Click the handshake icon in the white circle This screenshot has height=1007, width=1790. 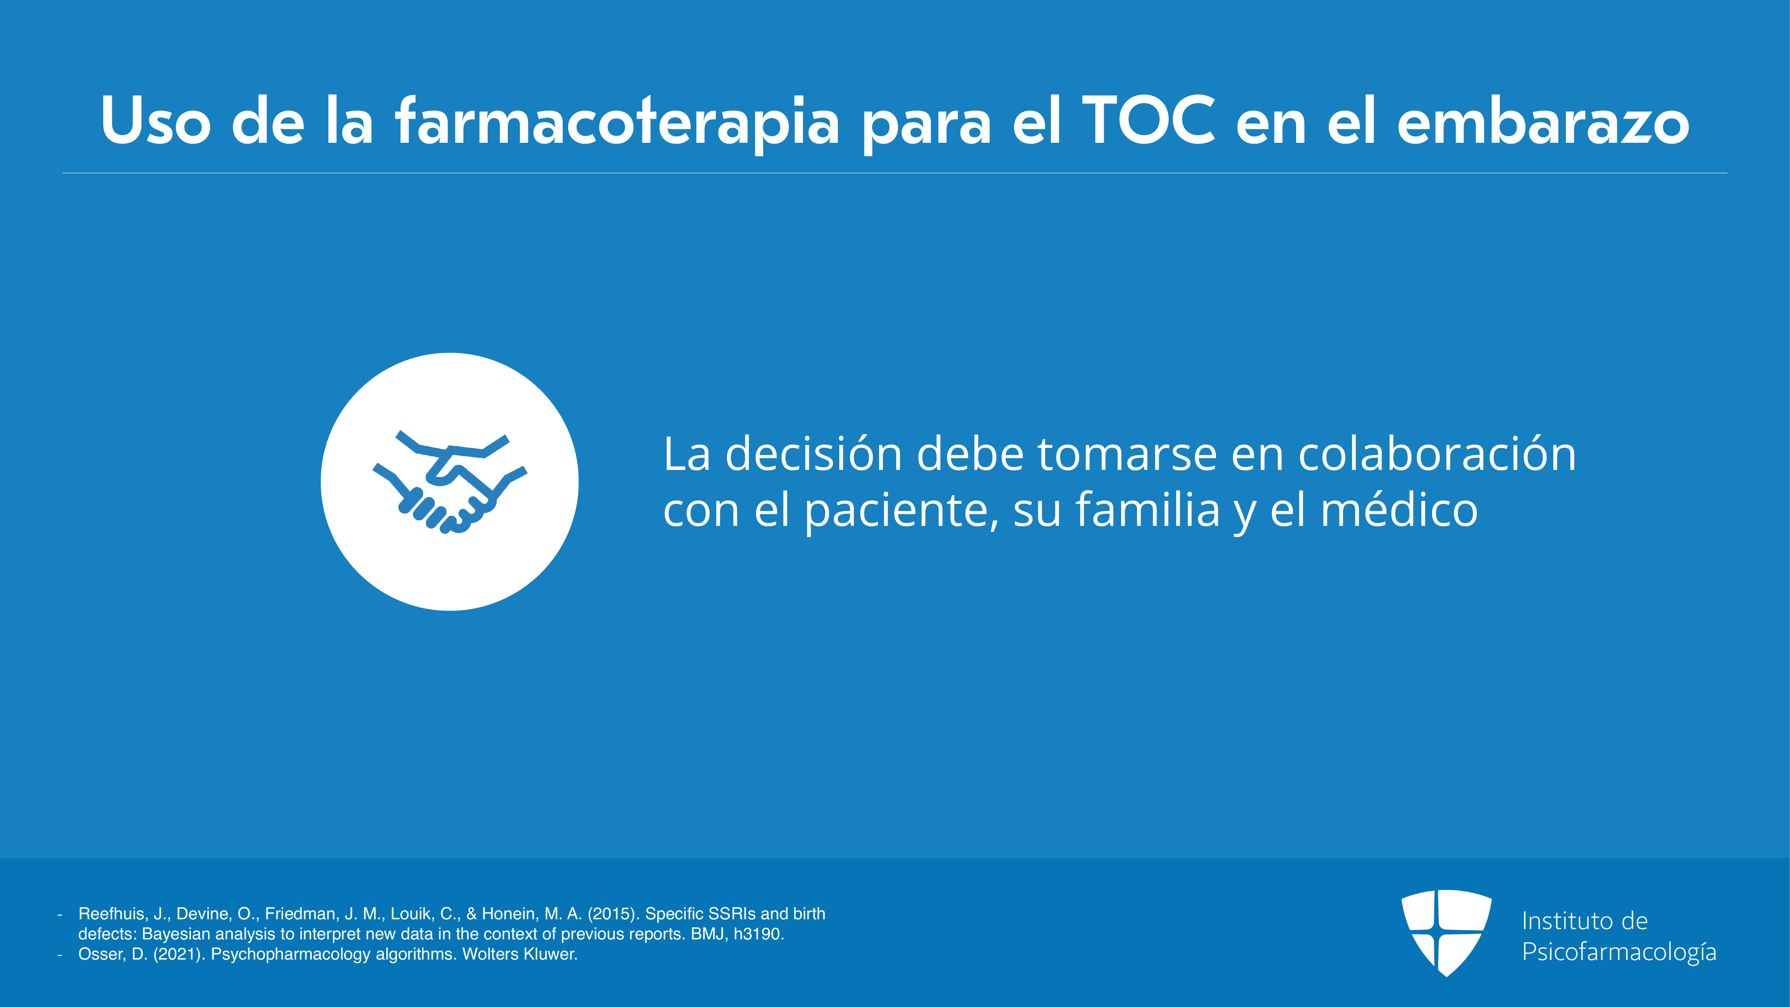pyautogui.click(x=450, y=482)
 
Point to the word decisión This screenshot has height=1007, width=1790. pyautogui.click(x=814, y=455)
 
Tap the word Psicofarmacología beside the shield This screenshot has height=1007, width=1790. pyautogui.click(x=1619, y=952)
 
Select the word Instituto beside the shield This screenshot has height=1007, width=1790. pyautogui.click(x=1564, y=921)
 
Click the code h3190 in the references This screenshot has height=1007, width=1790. pyautogui.click(x=759, y=934)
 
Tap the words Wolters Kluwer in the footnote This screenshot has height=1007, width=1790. pyautogui.click(x=520, y=954)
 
